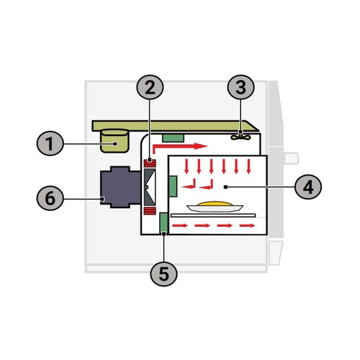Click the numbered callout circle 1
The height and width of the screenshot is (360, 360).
pyautogui.click(x=50, y=143)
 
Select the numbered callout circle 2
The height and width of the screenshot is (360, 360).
pyautogui.click(x=150, y=87)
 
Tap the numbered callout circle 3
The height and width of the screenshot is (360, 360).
pyautogui.click(x=240, y=87)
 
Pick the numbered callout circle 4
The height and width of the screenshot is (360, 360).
pyautogui.click(x=308, y=187)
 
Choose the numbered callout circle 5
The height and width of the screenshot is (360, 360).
pyautogui.click(x=164, y=274)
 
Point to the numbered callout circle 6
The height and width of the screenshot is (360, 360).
pyautogui.click(x=50, y=199)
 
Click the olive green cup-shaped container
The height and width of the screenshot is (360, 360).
pyautogui.click(x=114, y=141)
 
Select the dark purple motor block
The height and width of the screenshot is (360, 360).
pyautogui.click(x=121, y=187)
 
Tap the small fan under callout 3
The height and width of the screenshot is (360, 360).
pyautogui.click(x=240, y=137)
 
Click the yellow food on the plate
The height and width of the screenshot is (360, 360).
pyautogui.click(x=215, y=203)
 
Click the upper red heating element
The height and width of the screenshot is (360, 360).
pyautogui.click(x=150, y=163)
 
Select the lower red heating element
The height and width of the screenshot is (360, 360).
pyautogui.click(x=150, y=211)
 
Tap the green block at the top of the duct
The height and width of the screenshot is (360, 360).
pyautogui.click(x=173, y=138)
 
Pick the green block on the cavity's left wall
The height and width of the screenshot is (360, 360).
pyautogui.click(x=173, y=186)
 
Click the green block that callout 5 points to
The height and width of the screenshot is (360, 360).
pyautogui.click(x=164, y=223)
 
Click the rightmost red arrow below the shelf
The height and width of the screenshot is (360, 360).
pyautogui.click(x=247, y=225)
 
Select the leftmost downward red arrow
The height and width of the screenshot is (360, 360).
pyautogui.click(x=186, y=166)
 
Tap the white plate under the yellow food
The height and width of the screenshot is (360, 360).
pyautogui.click(x=215, y=208)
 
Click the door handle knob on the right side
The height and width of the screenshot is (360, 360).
pyautogui.click(x=292, y=158)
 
